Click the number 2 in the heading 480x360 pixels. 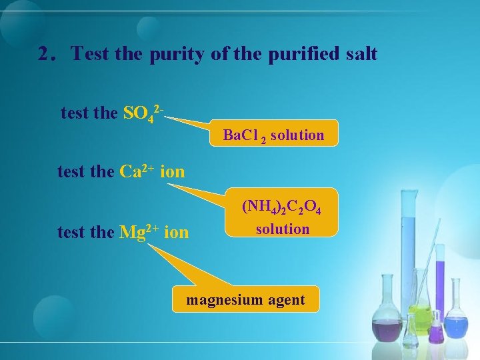coord(46,53)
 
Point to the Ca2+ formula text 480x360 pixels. coord(137,172)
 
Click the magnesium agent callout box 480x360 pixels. coord(245,300)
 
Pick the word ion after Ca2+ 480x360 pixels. coord(173,172)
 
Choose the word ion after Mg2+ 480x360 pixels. coord(176,233)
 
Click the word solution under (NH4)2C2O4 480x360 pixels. coord(283,229)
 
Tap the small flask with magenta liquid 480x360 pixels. coord(436,330)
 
